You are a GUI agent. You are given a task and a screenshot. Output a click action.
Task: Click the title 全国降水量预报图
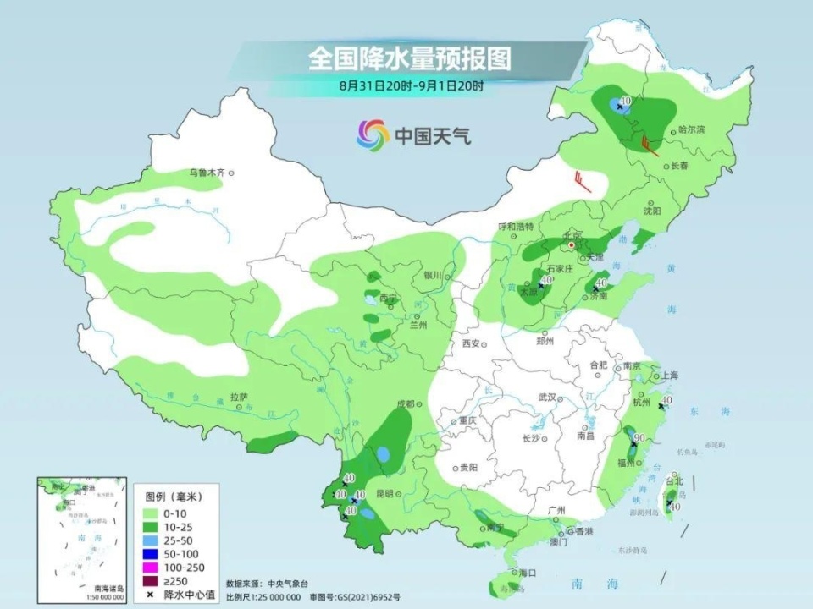tap(410, 58)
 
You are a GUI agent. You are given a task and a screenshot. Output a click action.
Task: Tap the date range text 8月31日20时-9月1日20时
tap(412, 85)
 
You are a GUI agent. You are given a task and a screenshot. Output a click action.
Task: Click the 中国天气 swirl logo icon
tap(373, 134)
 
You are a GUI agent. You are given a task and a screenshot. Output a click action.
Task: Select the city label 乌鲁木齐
tap(207, 173)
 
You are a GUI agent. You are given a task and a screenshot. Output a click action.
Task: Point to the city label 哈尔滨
tap(691, 129)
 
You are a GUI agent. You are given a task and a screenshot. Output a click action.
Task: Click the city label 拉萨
tap(238, 396)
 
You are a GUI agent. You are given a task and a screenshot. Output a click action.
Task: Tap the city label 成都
tap(404, 404)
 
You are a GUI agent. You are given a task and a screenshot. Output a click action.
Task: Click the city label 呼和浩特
tap(516, 227)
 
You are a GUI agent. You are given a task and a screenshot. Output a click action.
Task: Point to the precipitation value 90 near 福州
tap(641, 437)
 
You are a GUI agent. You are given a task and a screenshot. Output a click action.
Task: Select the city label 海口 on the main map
tap(528, 573)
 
